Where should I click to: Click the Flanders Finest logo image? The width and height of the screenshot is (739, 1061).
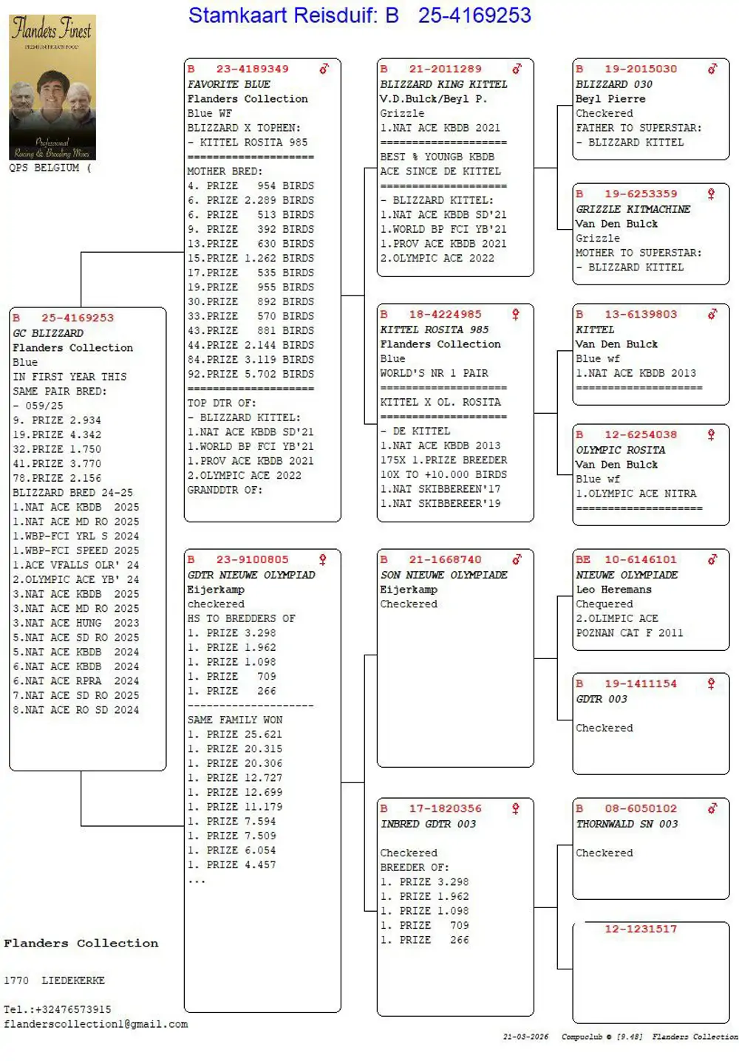click(52, 87)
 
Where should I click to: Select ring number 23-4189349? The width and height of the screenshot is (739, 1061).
click(252, 69)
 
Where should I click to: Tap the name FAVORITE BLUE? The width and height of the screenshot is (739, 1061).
click(228, 84)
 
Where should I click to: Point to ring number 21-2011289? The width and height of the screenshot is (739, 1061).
click(445, 69)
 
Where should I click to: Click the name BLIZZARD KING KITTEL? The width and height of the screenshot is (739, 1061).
click(443, 84)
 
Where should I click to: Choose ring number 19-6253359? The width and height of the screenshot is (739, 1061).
click(640, 194)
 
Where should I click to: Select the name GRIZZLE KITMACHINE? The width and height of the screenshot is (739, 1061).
click(633, 209)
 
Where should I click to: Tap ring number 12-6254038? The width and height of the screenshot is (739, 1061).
click(640, 434)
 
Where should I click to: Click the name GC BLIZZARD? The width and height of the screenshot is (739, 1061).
click(48, 333)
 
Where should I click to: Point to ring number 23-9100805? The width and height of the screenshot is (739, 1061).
click(252, 559)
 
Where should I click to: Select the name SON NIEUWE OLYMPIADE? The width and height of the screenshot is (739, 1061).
click(443, 575)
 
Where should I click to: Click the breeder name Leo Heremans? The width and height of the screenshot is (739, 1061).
click(613, 590)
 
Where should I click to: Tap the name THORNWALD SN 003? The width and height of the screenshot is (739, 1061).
click(627, 824)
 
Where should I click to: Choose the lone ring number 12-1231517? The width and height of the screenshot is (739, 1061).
click(640, 929)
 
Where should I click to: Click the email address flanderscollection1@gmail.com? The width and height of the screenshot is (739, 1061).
click(96, 1024)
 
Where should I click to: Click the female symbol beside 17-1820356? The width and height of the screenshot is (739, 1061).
click(516, 808)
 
